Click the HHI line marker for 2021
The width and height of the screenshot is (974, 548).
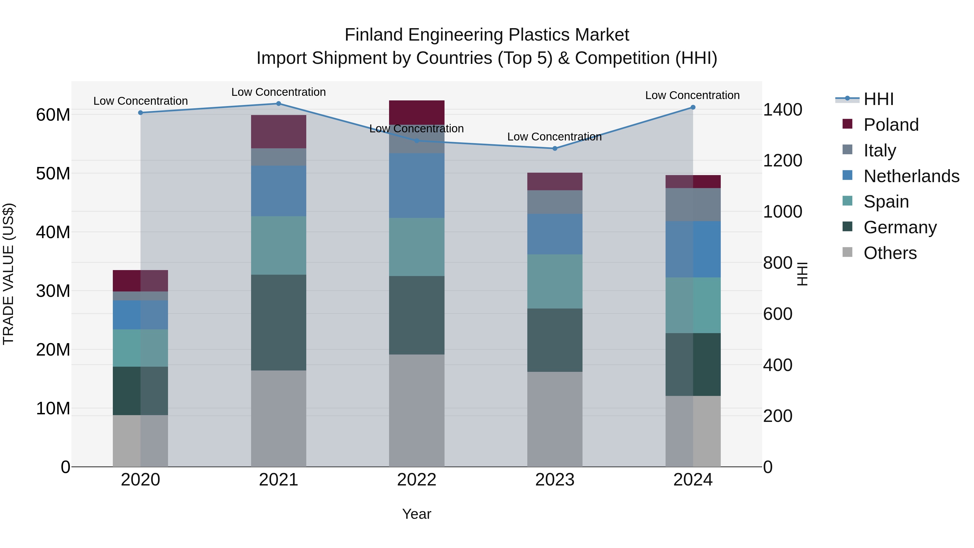click(x=278, y=104)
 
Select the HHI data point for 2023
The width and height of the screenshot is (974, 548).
click(x=555, y=149)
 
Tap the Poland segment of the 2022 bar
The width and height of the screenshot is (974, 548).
click(x=416, y=112)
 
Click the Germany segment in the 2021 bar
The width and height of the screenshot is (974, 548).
click(x=278, y=322)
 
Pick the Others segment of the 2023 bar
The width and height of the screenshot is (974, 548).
click(x=555, y=419)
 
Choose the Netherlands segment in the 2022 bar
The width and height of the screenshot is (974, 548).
click(x=416, y=185)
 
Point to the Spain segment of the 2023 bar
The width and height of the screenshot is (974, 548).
click(x=555, y=281)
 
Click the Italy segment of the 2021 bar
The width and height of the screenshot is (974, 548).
click(x=278, y=157)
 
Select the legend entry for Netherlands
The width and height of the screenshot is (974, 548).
click(x=911, y=176)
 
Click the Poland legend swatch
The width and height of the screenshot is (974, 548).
click(x=847, y=124)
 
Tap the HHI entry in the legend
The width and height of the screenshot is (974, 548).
click(x=878, y=99)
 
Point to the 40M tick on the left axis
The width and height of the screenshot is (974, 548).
click(x=53, y=232)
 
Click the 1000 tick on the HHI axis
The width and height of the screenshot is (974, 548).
click(x=782, y=212)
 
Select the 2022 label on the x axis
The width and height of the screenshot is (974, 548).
click(x=416, y=480)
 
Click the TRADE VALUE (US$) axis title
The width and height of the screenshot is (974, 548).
click(x=8, y=274)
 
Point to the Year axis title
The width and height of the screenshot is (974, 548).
click(x=416, y=514)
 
